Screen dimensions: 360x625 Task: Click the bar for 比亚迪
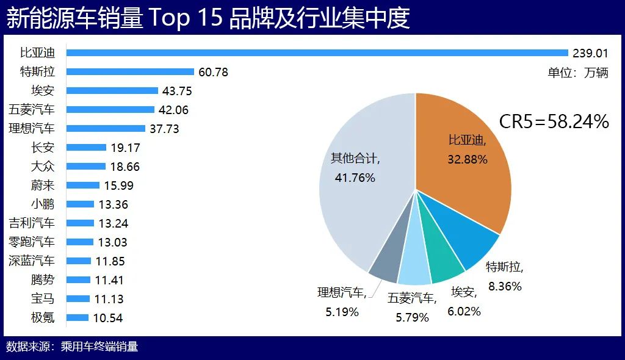coord(317,52)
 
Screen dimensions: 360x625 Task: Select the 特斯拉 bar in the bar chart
coord(130,71)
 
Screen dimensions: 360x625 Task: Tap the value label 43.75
coord(177,91)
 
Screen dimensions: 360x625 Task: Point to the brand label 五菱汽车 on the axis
coord(32,110)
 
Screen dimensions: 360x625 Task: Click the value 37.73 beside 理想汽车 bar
coord(164,129)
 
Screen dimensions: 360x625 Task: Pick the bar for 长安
coord(86,147)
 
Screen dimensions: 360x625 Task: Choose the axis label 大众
coord(43,166)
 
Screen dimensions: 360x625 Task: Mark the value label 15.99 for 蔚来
coord(118,185)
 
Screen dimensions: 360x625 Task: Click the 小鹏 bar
coord(80,204)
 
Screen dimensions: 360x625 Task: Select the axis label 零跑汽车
coord(32,242)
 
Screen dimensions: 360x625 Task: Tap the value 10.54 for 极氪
coord(108,318)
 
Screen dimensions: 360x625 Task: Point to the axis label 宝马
coord(43,298)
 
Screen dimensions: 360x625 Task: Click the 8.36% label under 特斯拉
coord(505,286)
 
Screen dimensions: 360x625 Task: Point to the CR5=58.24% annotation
coord(554,121)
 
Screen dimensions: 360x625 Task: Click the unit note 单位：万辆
coord(577,73)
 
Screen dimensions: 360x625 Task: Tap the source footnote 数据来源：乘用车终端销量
coord(72,347)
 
